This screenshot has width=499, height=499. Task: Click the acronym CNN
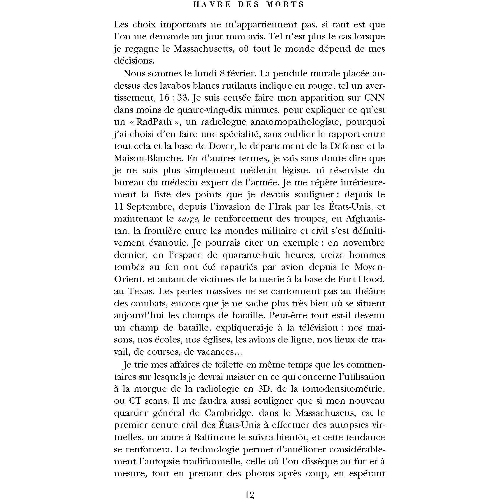point(374,97)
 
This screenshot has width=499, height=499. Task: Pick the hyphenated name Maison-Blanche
point(148,158)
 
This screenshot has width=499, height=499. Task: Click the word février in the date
point(242,73)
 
